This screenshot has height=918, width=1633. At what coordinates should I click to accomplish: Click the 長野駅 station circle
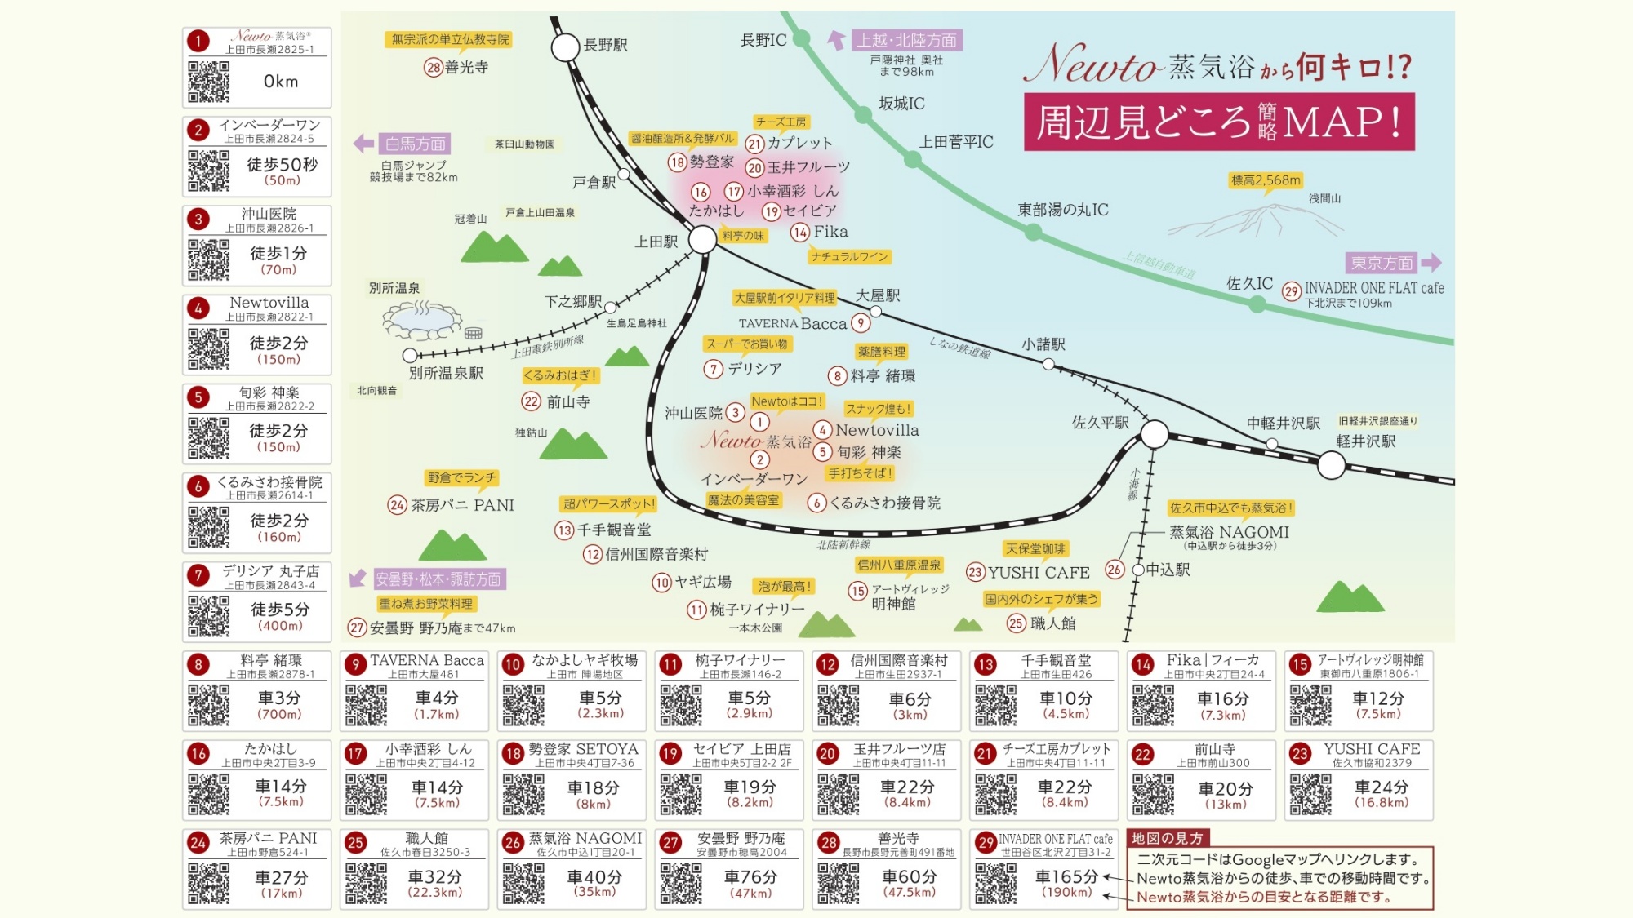(565, 47)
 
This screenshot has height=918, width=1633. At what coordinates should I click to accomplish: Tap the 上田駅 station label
(656, 242)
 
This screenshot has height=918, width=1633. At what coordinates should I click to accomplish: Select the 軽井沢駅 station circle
(1331, 465)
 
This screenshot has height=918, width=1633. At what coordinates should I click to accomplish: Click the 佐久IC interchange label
(1249, 283)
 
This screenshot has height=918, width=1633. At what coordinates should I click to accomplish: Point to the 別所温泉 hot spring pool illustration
(421, 320)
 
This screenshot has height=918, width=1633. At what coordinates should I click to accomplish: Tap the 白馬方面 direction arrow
(363, 144)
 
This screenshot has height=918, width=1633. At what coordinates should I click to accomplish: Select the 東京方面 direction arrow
(1431, 263)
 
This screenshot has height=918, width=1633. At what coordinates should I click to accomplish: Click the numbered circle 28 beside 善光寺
(434, 68)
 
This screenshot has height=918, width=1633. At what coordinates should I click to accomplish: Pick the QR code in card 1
(209, 82)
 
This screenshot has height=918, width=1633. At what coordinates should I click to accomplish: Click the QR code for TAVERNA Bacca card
(366, 705)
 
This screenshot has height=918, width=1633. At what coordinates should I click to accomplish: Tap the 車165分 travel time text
(1066, 876)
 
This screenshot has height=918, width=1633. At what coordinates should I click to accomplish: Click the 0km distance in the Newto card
(281, 82)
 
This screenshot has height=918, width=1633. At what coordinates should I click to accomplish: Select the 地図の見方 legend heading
(1167, 838)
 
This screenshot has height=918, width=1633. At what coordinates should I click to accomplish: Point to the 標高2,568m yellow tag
(1266, 180)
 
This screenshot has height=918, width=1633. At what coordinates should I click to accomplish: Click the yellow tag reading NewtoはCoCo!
(787, 401)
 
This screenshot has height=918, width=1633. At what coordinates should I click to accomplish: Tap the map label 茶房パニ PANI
(462, 505)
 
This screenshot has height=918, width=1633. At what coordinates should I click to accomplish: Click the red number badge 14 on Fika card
(1143, 664)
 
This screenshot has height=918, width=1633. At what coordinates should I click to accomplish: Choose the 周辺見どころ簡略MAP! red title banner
(1219, 122)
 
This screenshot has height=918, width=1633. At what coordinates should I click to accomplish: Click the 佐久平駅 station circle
(1155, 434)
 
